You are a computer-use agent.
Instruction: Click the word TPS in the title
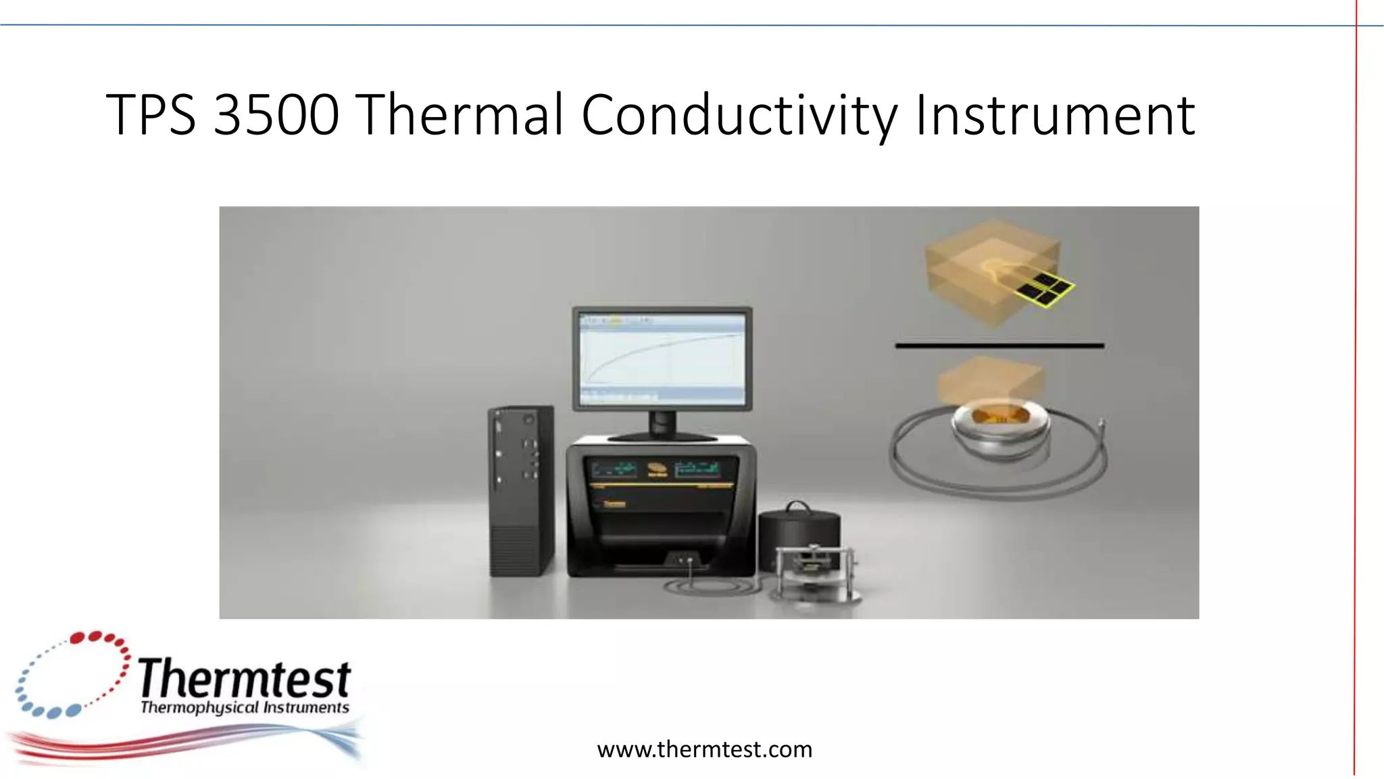[x=151, y=115]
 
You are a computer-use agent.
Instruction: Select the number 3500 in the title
[x=276, y=115]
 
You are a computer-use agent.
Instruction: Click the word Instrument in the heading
[x=1055, y=115]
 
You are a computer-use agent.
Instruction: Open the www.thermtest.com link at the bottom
[x=704, y=749]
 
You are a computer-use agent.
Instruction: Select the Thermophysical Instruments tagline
[x=245, y=708]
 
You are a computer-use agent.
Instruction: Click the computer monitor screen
[x=662, y=358]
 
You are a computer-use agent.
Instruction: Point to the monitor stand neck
[x=662, y=424]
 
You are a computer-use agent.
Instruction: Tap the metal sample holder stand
[x=814, y=571]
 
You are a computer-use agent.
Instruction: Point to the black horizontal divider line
[x=999, y=346]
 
